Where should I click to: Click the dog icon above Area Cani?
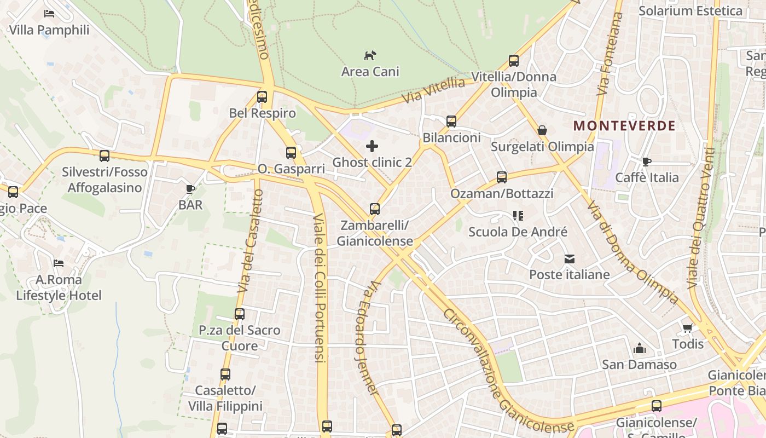point(370,55)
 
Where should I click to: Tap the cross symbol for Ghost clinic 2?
point(372,146)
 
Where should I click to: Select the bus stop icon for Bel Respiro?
point(262,97)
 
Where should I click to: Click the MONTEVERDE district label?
point(624,126)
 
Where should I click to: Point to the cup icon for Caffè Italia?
point(647,162)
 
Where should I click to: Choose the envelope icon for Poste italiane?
point(570,258)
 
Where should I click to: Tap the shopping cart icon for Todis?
point(688,328)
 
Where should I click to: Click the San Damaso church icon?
point(639,348)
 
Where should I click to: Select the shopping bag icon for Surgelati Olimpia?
point(542,130)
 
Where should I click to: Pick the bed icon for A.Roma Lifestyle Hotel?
point(59,263)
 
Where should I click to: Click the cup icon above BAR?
point(190,189)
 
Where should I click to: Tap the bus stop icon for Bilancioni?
point(451,122)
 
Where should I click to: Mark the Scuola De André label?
point(518,232)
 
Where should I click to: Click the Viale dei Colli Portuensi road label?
point(319,287)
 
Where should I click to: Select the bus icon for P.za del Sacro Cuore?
point(240,314)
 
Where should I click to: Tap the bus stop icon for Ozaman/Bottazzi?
point(502,177)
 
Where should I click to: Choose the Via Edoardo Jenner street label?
point(365,338)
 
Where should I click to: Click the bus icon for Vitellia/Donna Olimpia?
point(514,61)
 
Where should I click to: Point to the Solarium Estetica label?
point(690,11)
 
